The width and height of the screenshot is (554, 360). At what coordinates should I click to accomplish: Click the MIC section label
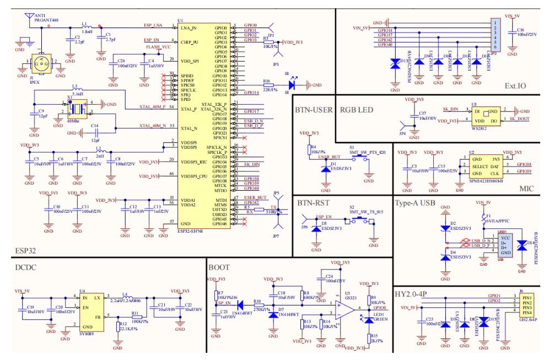(x=526, y=189)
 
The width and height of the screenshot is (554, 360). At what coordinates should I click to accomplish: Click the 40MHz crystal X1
(x=73, y=108)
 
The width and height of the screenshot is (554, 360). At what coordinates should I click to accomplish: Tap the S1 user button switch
(x=361, y=158)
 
